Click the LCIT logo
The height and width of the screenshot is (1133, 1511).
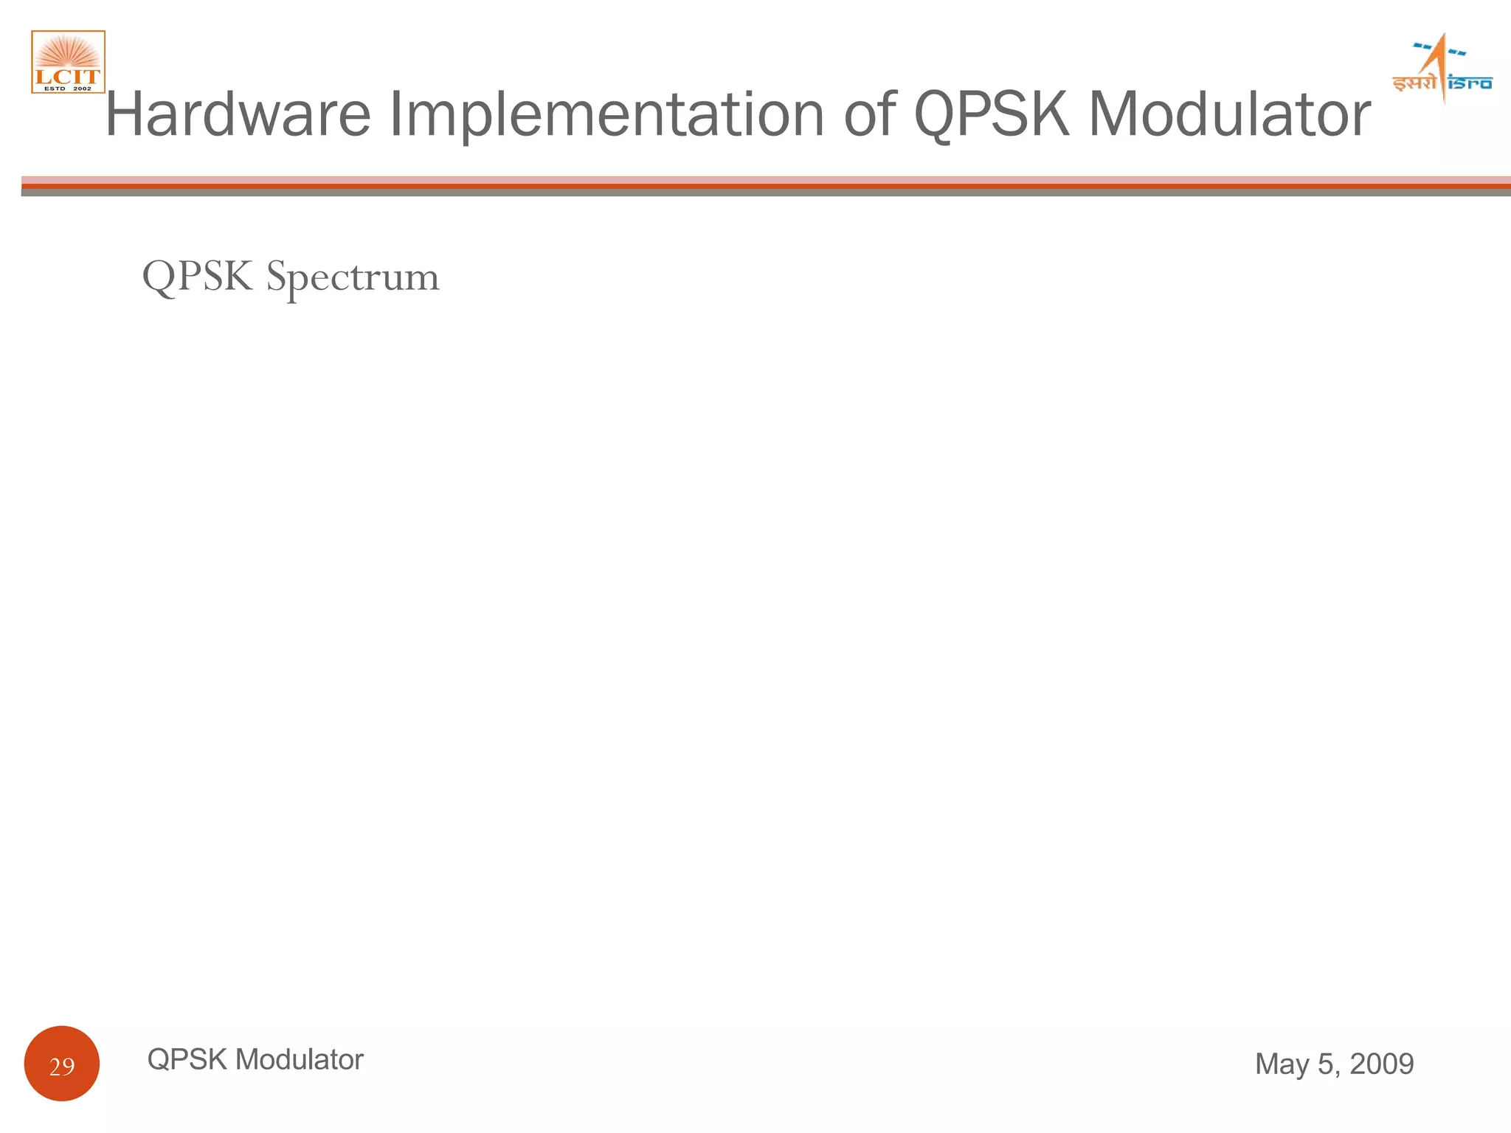click(x=68, y=62)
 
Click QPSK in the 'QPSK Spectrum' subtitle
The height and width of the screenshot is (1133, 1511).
click(x=197, y=277)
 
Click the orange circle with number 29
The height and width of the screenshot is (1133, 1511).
click(x=62, y=1063)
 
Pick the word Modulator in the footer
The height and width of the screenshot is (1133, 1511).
click(x=300, y=1060)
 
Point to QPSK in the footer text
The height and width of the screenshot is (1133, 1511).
click(x=187, y=1060)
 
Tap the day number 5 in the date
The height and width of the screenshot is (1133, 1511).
click(x=1327, y=1064)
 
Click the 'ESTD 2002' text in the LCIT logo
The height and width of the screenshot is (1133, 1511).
click(x=68, y=89)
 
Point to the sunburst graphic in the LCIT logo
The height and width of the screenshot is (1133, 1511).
click(x=68, y=53)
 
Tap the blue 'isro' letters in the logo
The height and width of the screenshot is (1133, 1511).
click(x=1470, y=83)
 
